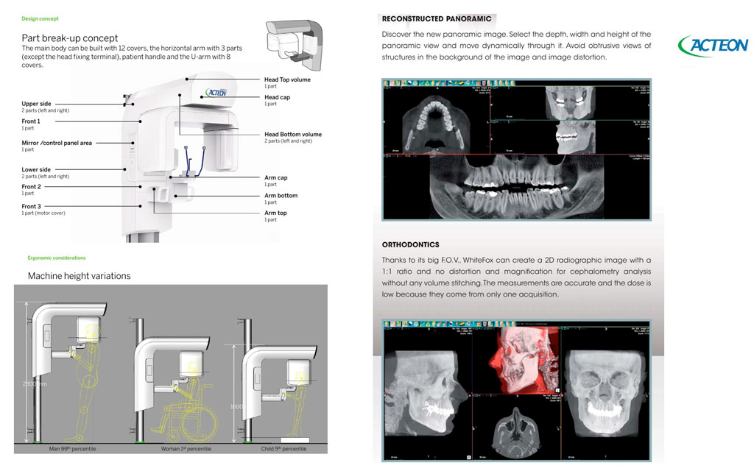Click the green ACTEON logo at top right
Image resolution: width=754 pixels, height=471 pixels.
tap(712, 46)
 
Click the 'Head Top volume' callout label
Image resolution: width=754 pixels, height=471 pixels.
tap(287, 79)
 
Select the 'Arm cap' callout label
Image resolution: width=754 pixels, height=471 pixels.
tap(275, 177)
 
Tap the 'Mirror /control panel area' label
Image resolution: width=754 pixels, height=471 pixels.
tap(57, 143)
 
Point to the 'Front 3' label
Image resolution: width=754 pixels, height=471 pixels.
tap(31, 207)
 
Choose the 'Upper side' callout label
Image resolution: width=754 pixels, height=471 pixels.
tap(36, 104)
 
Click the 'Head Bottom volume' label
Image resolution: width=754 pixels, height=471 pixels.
tap(292, 135)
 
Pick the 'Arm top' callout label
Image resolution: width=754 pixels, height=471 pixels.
tap(275, 213)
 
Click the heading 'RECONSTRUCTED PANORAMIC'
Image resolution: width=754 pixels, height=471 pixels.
tap(437, 18)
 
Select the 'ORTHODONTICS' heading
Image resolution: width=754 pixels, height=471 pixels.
tap(410, 244)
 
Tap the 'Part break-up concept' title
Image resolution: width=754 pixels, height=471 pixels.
tap(70, 38)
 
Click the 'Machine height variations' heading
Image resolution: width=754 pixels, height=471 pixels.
tap(79, 276)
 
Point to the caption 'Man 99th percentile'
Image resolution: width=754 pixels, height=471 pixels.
tap(72, 448)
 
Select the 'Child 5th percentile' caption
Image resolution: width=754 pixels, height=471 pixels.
tap(284, 448)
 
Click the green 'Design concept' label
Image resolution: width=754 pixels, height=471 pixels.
tap(40, 18)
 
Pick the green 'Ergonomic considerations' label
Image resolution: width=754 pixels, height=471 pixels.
tap(57, 258)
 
